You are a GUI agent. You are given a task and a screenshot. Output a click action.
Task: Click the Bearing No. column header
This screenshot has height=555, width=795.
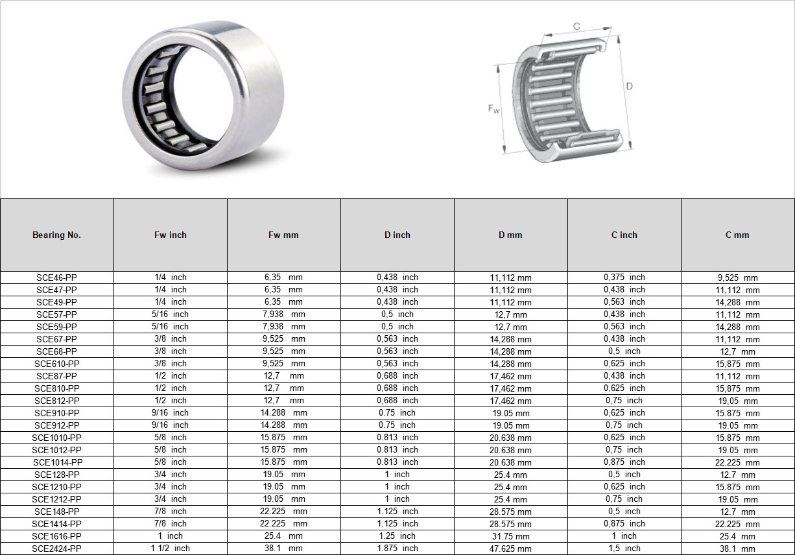(x=56, y=235)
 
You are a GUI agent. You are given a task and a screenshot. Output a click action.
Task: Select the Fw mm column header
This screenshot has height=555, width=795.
(x=283, y=235)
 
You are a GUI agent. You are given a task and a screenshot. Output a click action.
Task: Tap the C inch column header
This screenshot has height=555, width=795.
(x=624, y=235)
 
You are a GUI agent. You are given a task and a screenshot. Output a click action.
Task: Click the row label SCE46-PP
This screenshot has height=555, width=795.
(x=56, y=277)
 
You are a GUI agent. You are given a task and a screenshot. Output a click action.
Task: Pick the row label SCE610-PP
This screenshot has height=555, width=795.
(x=57, y=364)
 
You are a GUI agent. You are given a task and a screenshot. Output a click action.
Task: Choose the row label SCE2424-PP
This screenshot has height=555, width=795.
(x=57, y=549)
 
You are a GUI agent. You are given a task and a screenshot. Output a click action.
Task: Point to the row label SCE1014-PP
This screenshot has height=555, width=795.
(x=58, y=462)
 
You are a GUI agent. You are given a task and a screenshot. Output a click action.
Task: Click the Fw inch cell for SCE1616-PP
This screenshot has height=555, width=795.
(x=171, y=536)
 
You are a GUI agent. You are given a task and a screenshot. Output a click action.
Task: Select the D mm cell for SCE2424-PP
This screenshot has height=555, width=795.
(x=510, y=549)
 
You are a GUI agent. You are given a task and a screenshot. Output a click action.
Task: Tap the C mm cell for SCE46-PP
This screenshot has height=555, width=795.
(x=737, y=277)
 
